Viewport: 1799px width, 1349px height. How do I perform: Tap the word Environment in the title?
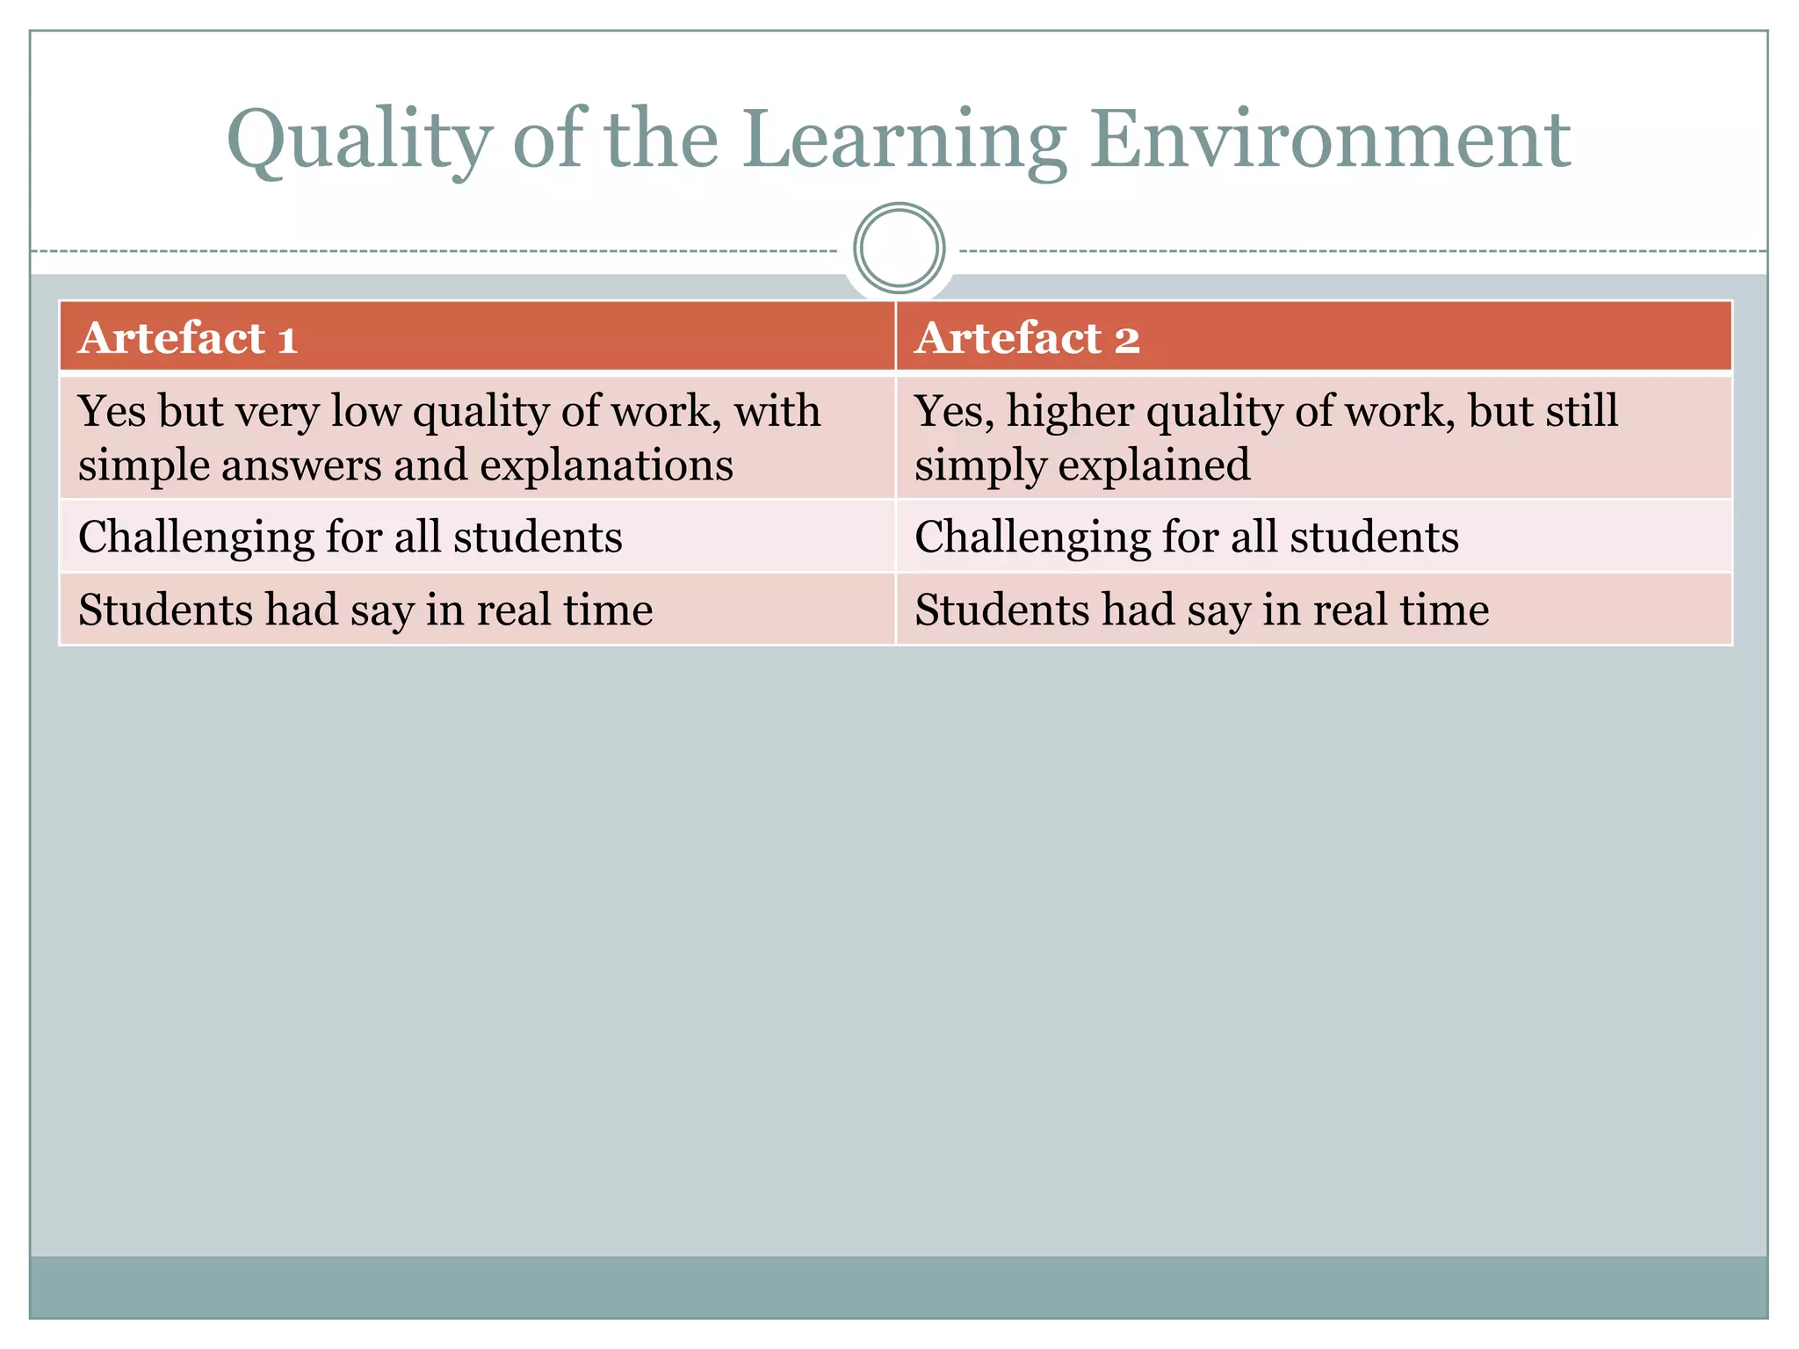click(x=1330, y=141)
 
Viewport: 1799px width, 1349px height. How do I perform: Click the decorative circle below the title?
click(x=899, y=249)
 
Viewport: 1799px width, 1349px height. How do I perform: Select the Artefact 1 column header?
click(x=188, y=338)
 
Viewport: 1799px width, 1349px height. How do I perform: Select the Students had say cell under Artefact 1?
click(x=365, y=610)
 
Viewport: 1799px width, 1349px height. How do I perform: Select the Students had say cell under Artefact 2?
click(x=1202, y=610)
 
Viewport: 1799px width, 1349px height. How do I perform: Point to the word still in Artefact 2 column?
click(x=1580, y=411)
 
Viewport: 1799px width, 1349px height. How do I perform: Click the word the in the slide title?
click(x=661, y=141)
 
